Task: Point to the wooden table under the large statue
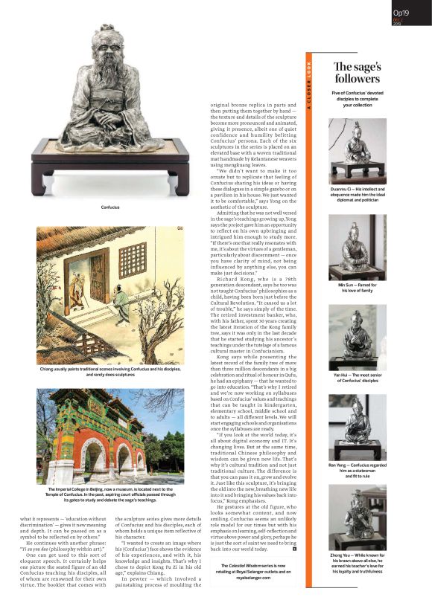pyautogui.click(x=110, y=167)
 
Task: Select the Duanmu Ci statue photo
pyautogui.click(x=357, y=152)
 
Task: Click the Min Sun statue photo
pyautogui.click(x=357, y=247)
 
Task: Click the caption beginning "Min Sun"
pyautogui.click(x=357, y=289)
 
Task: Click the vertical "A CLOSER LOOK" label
pyautogui.click(x=310, y=86)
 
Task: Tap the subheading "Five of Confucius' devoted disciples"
pyautogui.click(x=357, y=100)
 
